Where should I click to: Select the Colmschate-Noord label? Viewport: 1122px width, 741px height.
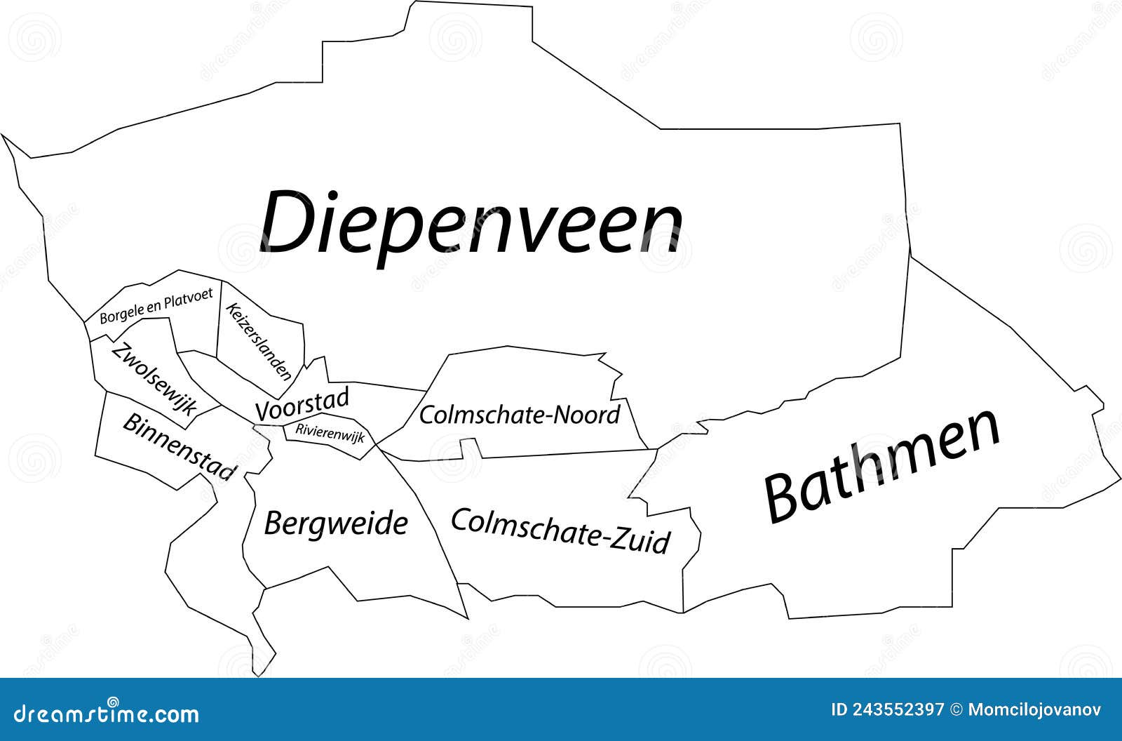click(520, 414)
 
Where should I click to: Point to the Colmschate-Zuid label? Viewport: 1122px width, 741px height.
click(560, 531)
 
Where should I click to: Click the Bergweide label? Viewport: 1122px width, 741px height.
click(336, 523)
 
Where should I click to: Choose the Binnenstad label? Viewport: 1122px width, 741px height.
click(179, 446)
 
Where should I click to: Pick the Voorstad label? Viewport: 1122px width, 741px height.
click(302, 406)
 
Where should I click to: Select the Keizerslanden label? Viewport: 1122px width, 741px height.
click(259, 341)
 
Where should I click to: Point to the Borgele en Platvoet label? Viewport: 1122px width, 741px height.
click(156, 307)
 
